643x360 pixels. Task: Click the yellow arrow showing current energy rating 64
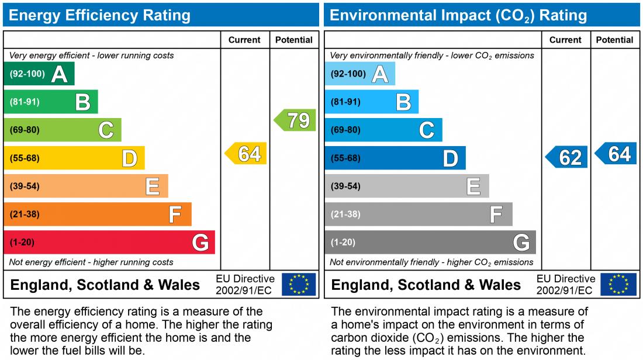tap(246, 154)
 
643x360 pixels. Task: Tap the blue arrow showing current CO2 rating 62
tap(567, 157)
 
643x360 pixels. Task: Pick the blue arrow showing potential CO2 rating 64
tap(616, 154)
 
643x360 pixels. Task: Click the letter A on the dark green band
tap(59, 74)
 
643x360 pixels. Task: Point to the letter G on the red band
tap(200, 243)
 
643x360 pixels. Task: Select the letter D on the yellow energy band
tap(129, 158)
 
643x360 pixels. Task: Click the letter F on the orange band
tap(175, 214)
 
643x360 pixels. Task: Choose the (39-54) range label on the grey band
tap(345, 186)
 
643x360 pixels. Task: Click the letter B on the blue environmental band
tap(403, 102)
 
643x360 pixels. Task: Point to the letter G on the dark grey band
tap(521, 243)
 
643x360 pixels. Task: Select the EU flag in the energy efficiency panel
tap(299, 285)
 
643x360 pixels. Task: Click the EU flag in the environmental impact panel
tap(618, 285)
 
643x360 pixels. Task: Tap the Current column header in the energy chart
tap(244, 40)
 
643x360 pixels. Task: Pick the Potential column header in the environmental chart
tap(614, 40)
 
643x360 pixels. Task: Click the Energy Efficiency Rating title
tap(99, 15)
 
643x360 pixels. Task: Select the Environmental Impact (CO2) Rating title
tap(458, 15)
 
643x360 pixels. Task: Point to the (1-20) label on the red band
tap(22, 243)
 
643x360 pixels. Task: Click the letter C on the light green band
tap(106, 130)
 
